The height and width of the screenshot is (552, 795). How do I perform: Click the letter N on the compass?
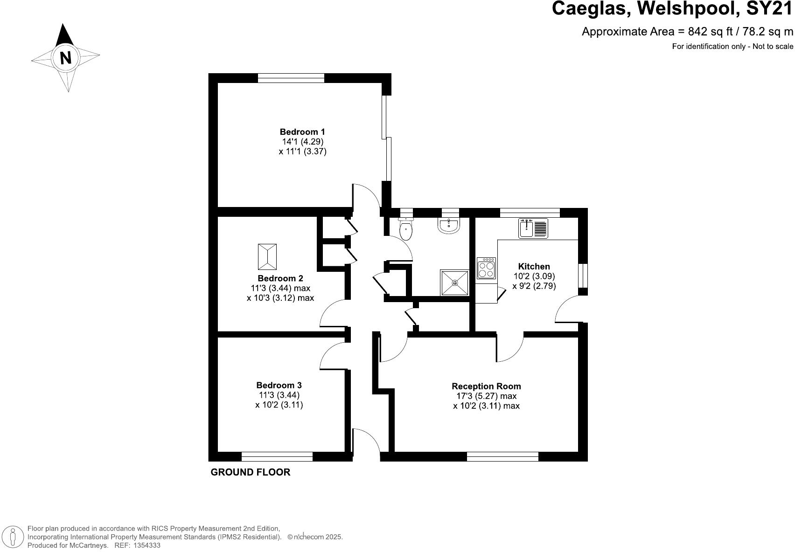coord(66,58)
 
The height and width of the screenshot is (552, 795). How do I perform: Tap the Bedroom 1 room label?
coord(302,132)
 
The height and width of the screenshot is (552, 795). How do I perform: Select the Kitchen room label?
coord(534,266)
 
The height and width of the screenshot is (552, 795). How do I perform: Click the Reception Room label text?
coord(486,386)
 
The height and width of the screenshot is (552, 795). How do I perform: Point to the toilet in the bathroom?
coord(406,229)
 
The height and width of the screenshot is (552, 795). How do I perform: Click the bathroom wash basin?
coord(449,226)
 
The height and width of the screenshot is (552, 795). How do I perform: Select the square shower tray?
coord(455,283)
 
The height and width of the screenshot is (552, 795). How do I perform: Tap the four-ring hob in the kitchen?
coord(486,268)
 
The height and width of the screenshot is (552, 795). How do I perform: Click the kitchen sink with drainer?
coord(533,228)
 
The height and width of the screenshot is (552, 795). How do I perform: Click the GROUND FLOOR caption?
coord(251,472)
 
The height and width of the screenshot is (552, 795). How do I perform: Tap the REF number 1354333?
coord(147,545)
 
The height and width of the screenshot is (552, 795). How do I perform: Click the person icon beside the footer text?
coord(15,537)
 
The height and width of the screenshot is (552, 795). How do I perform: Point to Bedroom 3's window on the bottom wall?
coord(277,456)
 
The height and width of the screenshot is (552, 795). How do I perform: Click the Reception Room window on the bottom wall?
coord(502,456)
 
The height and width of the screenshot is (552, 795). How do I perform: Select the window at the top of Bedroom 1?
coord(291,78)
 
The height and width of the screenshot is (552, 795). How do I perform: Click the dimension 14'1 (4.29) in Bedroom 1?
coord(302,142)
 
